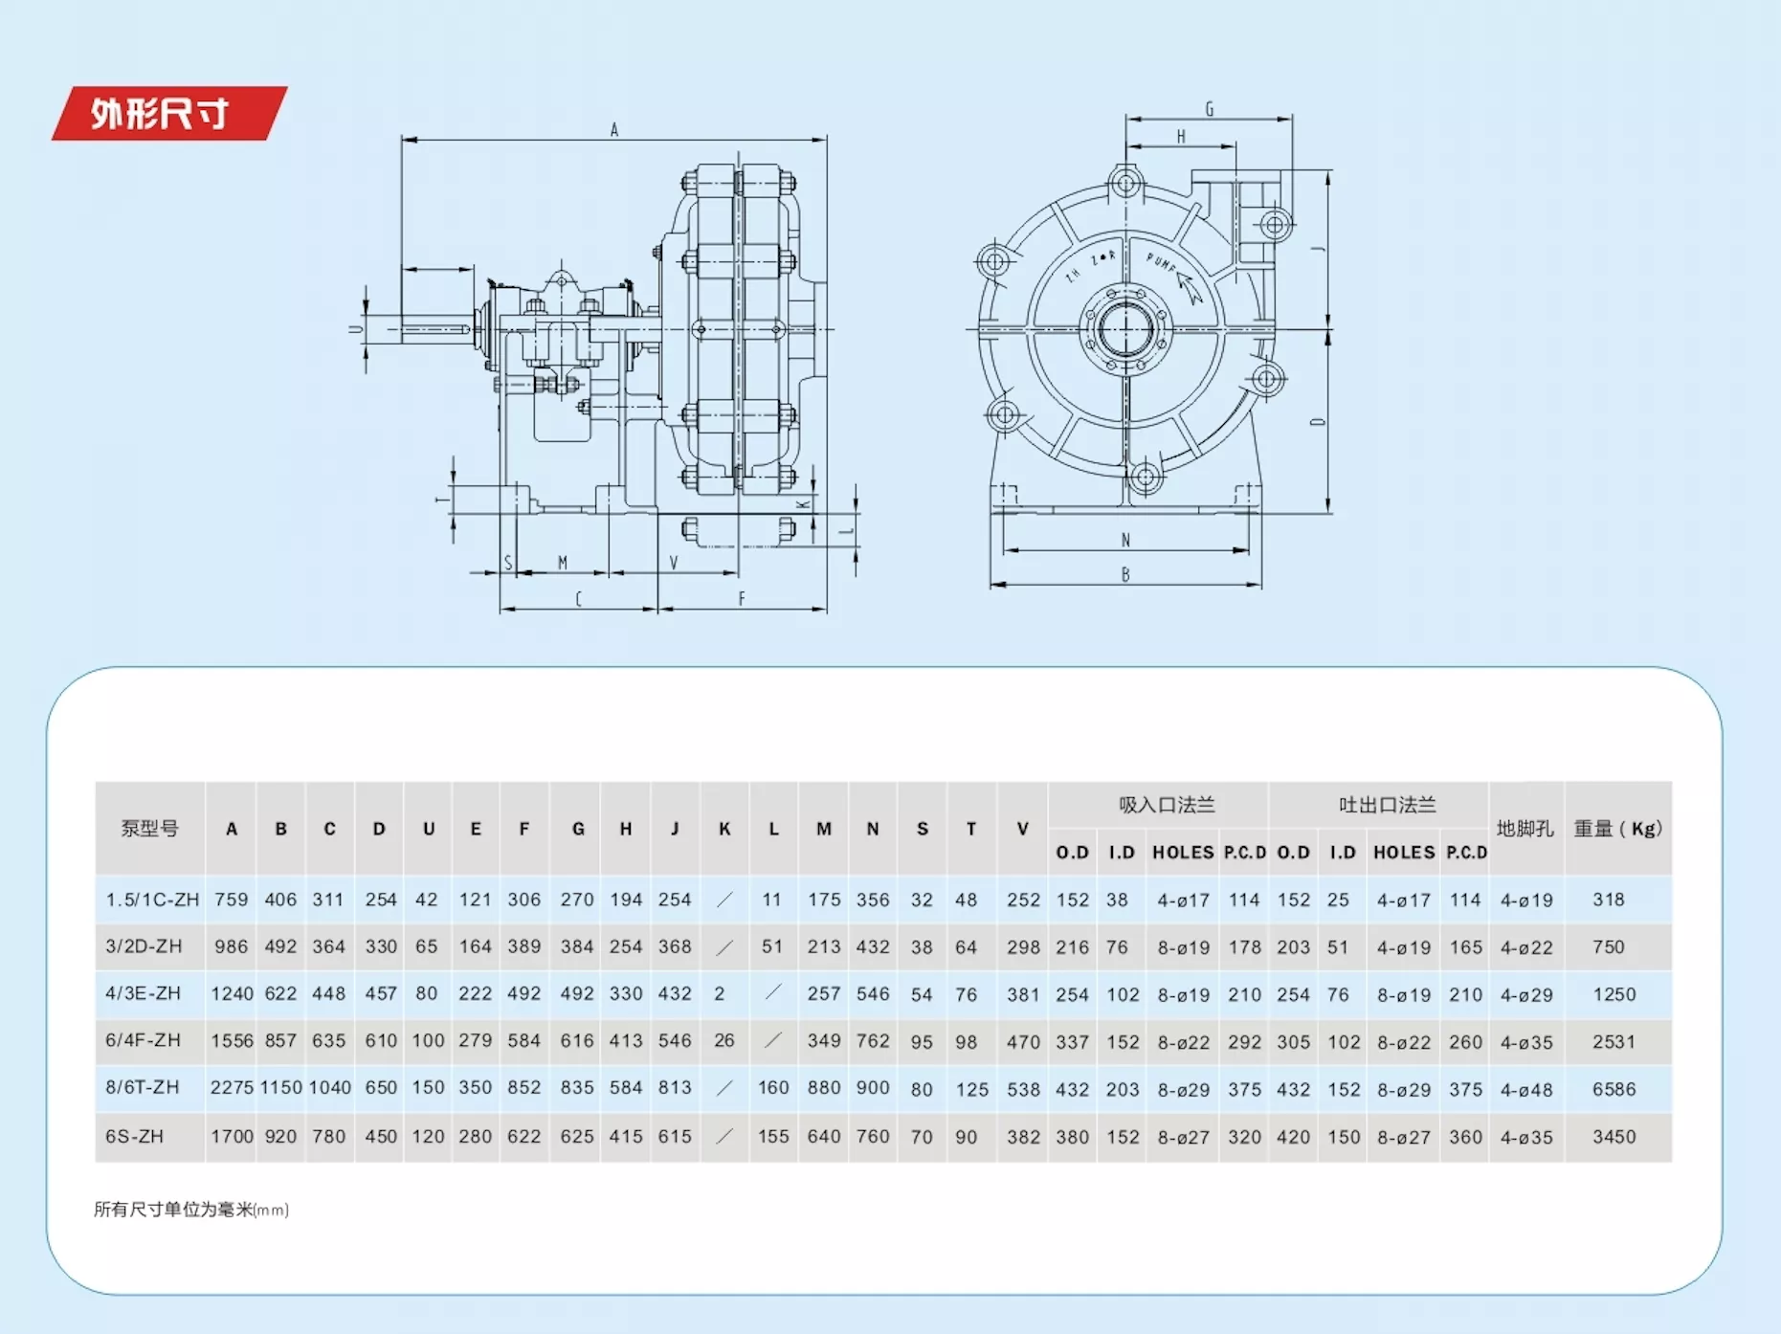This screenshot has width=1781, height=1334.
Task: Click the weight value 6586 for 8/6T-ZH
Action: coord(1614,1089)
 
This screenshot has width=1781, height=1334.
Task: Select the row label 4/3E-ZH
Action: coord(143,993)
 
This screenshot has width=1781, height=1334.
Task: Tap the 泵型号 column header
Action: coord(149,829)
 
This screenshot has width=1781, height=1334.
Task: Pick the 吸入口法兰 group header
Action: coord(1167,805)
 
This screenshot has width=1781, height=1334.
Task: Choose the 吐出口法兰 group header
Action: coord(1387,805)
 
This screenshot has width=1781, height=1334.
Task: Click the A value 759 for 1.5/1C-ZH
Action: coord(232,900)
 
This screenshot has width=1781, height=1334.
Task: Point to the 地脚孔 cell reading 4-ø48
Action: coord(1526,1089)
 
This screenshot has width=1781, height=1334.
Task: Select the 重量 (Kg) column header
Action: coord(1618,829)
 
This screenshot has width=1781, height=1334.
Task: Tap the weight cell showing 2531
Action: coord(1614,1041)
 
